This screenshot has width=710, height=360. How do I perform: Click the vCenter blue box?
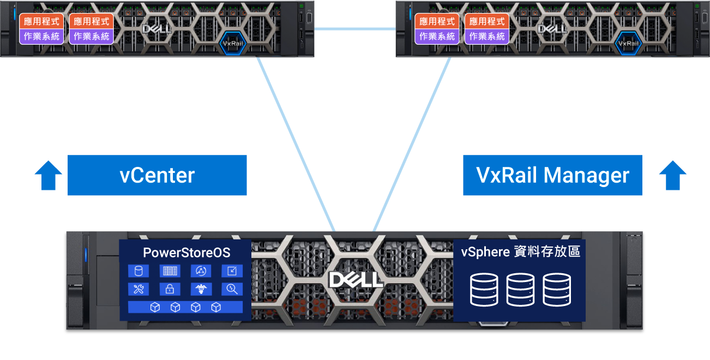pos(157,175)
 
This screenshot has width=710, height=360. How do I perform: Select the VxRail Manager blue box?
pos(552,175)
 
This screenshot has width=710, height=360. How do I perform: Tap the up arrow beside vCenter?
pos(49,175)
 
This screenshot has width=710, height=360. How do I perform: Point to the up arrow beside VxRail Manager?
pos(672,175)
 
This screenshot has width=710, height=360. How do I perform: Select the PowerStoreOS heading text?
pos(186,253)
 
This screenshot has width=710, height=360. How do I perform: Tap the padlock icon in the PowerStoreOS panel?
pos(170,289)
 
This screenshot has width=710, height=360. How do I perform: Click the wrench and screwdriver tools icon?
pos(138,289)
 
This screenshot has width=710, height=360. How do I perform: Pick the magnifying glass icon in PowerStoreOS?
pos(232,289)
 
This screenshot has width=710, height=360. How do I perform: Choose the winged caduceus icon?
pos(201,289)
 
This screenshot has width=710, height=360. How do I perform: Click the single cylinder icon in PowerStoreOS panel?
pos(138,271)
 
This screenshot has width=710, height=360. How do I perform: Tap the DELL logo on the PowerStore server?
pos(355,280)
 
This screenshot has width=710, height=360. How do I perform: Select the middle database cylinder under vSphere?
pos(520,290)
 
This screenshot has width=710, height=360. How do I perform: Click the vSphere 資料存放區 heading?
pos(520,252)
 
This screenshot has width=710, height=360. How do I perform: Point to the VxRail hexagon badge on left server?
pos(232,43)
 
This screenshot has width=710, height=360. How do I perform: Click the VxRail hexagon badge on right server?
pos(628,43)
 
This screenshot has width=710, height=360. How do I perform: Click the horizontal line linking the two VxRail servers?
pos(355,28)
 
